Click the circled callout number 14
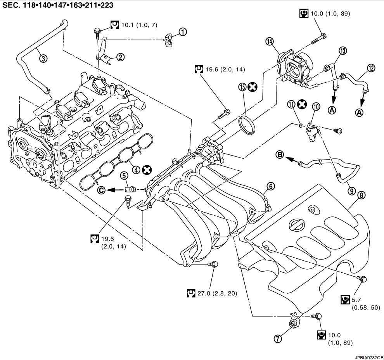point(270,41)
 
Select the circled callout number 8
point(362,196)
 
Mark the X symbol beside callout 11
point(302,104)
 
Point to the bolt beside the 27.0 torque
point(214,265)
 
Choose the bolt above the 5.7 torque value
point(363,279)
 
